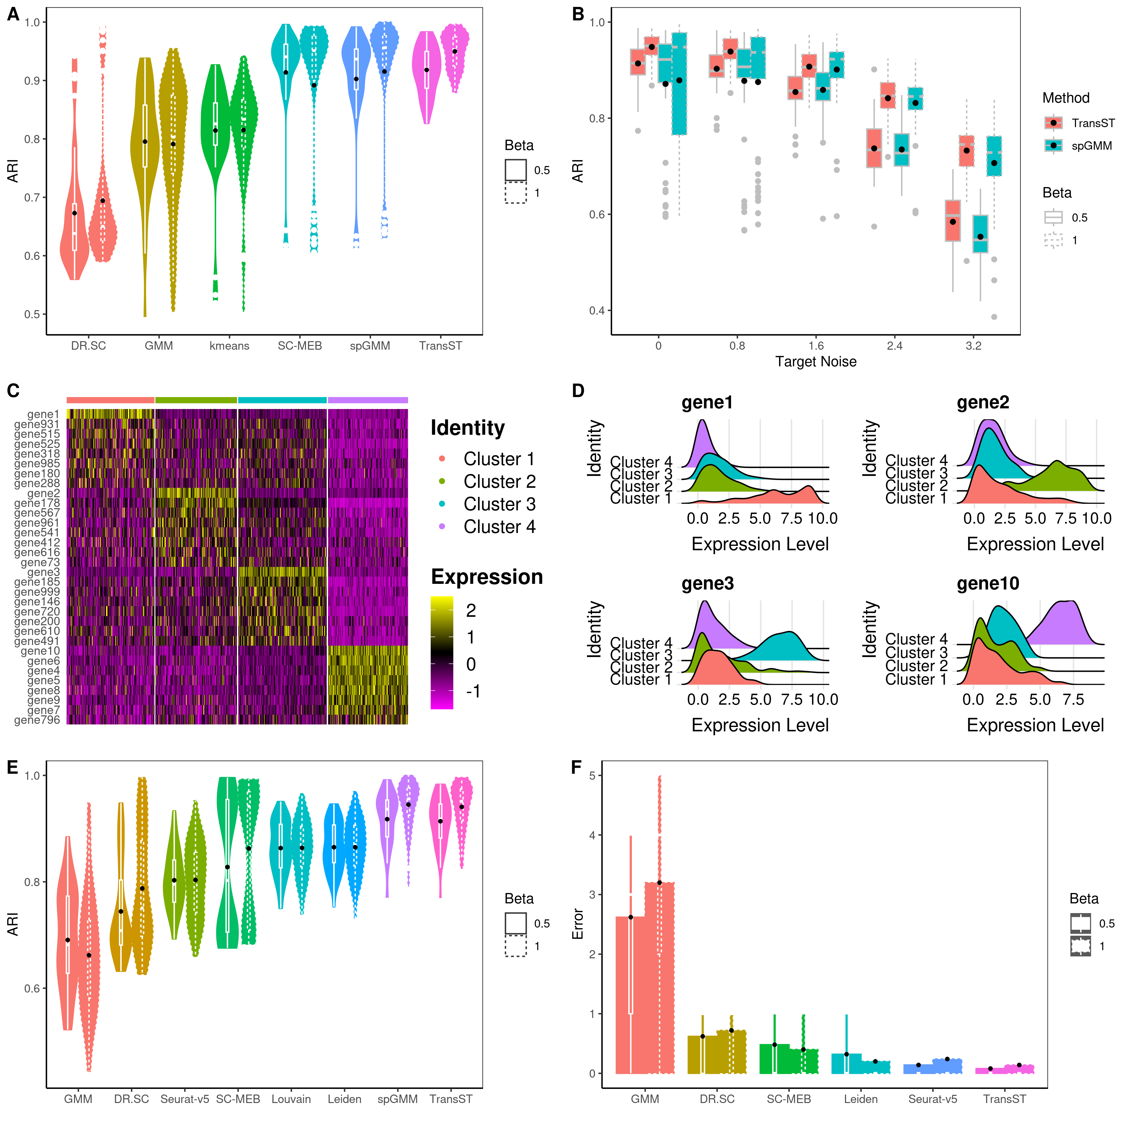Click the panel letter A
pos(13,14)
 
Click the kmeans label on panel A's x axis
pos(229,346)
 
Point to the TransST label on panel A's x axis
pos(440,346)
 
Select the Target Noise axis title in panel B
pos(815,362)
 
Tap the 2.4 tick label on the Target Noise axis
pos(894,346)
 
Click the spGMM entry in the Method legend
pos(1091,146)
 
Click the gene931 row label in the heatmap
pos(37,424)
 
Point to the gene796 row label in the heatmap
pos(37,720)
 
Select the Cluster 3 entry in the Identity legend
pos(499,504)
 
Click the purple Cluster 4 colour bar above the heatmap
pos(368,400)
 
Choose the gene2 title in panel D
pos(982,402)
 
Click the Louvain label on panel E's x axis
pos(291,1099)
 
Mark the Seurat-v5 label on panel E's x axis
pos(184,1099)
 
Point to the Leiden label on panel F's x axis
pos(860,1099)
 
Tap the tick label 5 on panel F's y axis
pos(592,776)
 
